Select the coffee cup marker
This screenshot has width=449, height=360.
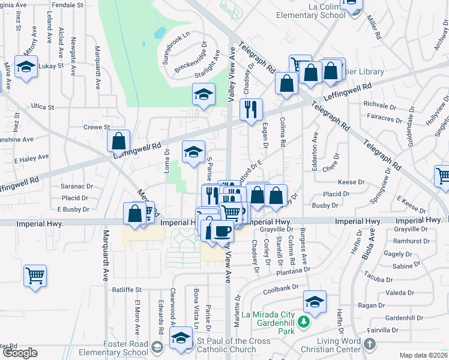(222, 230)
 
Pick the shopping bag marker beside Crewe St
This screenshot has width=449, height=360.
(119, 142)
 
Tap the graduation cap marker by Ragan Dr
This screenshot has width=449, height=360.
(315, 302)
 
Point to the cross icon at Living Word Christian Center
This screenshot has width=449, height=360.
(370, 344)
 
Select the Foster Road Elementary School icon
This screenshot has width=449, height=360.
(157, 347)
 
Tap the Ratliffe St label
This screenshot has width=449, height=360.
(127, 290)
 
